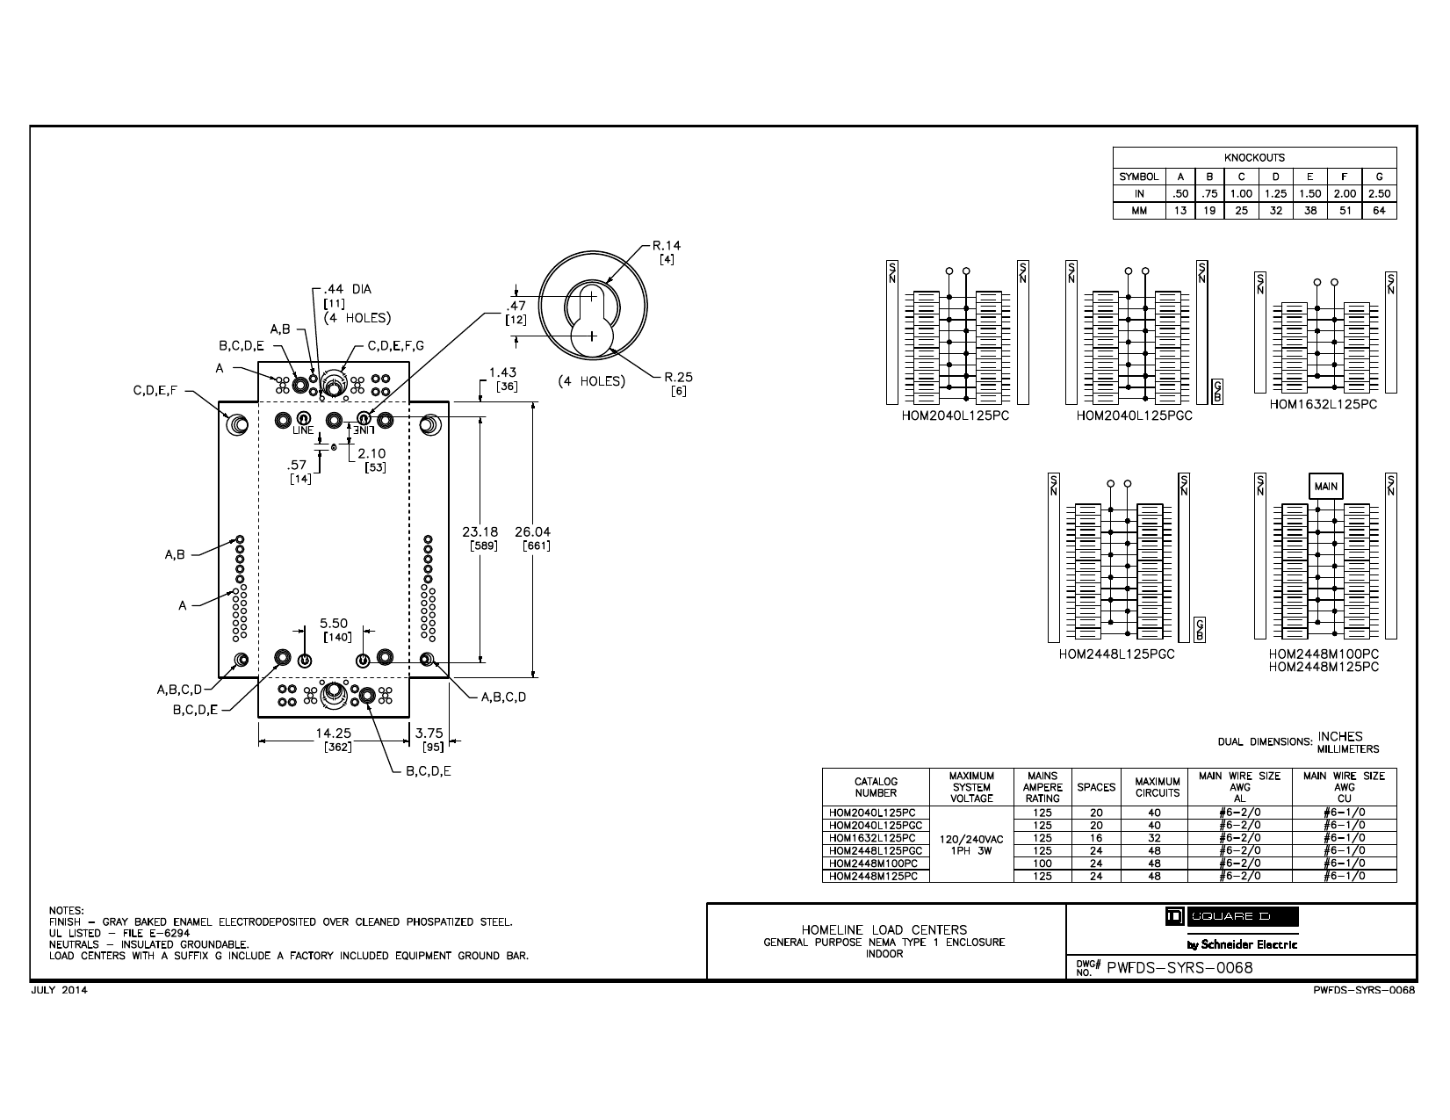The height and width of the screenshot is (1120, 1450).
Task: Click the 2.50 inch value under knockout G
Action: tap(1379, 194)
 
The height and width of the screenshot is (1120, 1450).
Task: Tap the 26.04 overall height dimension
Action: tap(533, 531)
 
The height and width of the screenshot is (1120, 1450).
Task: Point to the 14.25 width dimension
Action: tap(334, 733)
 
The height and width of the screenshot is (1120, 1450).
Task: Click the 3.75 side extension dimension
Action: tap(429, 733)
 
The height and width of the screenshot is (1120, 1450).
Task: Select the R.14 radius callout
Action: tap(666, 246)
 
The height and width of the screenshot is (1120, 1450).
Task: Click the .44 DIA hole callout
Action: tap(348, 289)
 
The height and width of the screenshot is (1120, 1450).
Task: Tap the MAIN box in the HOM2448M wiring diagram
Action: tap(1325, 487)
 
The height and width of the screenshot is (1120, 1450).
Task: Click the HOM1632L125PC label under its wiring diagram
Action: tap(1323, 404)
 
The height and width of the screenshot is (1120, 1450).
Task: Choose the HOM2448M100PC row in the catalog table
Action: tap(872, 863)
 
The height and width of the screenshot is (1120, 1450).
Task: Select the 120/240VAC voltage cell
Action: tap(971, 839)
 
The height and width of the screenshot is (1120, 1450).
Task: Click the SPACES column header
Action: tap(1096, 787)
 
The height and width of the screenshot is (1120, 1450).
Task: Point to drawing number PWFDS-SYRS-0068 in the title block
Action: tap(1179, 968)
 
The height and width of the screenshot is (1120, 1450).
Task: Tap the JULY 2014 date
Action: tap(60, 990)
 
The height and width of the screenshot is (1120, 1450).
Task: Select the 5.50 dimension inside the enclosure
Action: tap(334, 623)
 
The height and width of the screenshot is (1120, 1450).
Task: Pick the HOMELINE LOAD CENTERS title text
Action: tap(884, 929)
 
